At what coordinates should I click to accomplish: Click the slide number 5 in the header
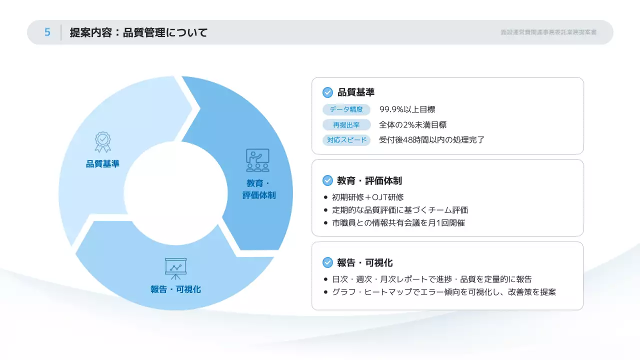(x=47, y=32)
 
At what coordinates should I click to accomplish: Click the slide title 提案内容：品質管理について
(x=138, y=33)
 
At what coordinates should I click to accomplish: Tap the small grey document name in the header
(x=548, y=32)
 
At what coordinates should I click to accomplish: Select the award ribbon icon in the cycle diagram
(x=103, y=141)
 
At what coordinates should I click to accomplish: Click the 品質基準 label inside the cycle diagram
(x=102, y=163)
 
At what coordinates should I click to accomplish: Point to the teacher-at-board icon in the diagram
(x=257, y=160)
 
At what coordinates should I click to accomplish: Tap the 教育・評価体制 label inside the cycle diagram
(x=259, y=189)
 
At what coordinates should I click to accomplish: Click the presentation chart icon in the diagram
(x=175, y=268)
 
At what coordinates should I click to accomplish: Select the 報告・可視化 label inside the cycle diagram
(x=175, y=289)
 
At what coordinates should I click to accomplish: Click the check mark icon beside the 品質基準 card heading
(x=327, y=92)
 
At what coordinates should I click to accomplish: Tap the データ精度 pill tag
(x=346, y=109)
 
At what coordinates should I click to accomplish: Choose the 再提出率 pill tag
(x=346, y=125)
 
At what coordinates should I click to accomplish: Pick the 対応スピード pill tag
(x=346, y=140)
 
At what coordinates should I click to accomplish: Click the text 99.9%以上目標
(x=407, y=109)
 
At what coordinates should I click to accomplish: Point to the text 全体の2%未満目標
(x=412, y=125)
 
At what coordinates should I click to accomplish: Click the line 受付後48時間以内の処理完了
(x=432, y=140)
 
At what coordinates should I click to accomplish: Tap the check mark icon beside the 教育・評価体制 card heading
(x=327, y=180)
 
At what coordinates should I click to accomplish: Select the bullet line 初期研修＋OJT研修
(x=367, y=197)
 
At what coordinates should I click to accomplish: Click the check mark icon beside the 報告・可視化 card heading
(x=327, y=262)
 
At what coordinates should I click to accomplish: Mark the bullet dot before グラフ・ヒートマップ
(x=326, y=292)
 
